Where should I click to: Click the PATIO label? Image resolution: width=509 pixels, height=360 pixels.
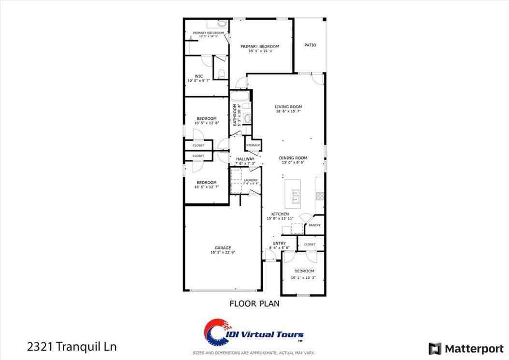click(x=310, y=45)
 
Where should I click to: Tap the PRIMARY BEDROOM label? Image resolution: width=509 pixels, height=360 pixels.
click(x=260, y=46)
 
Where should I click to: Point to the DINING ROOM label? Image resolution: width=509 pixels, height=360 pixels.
click(x=293, y=158)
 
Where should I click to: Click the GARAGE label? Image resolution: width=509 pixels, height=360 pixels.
click(x=223, y=248)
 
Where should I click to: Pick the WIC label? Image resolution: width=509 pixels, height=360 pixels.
click(x=198, y=76)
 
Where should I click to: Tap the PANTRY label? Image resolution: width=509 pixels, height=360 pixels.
click(x=314, y=225)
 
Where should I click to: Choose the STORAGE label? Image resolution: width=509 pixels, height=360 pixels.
click(x=253, y=145)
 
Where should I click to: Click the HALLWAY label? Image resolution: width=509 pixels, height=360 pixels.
click(x=245, y=158)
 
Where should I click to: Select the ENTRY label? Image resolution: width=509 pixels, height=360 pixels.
click(x=279, y=243)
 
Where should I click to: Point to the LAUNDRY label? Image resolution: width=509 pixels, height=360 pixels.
click(x=251, y=180)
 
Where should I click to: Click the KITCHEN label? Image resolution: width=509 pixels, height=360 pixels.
click(x=280, y=214)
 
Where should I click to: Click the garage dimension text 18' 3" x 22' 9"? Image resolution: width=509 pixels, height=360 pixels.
click(x=223, y=252)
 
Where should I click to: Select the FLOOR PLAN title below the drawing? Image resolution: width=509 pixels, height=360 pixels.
click(x=254, y=304)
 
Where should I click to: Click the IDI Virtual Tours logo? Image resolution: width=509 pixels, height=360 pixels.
click(x=254, y=334)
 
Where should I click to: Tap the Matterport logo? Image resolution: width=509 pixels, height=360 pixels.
click(x=466, y=348)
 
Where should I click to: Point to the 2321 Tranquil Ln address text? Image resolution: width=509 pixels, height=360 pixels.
click(x=71, y=346)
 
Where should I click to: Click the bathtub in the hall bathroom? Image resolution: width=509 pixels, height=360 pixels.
click(x=240, y=96)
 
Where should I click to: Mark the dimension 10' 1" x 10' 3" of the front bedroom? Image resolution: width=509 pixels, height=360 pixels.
click(x=303, y=277)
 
